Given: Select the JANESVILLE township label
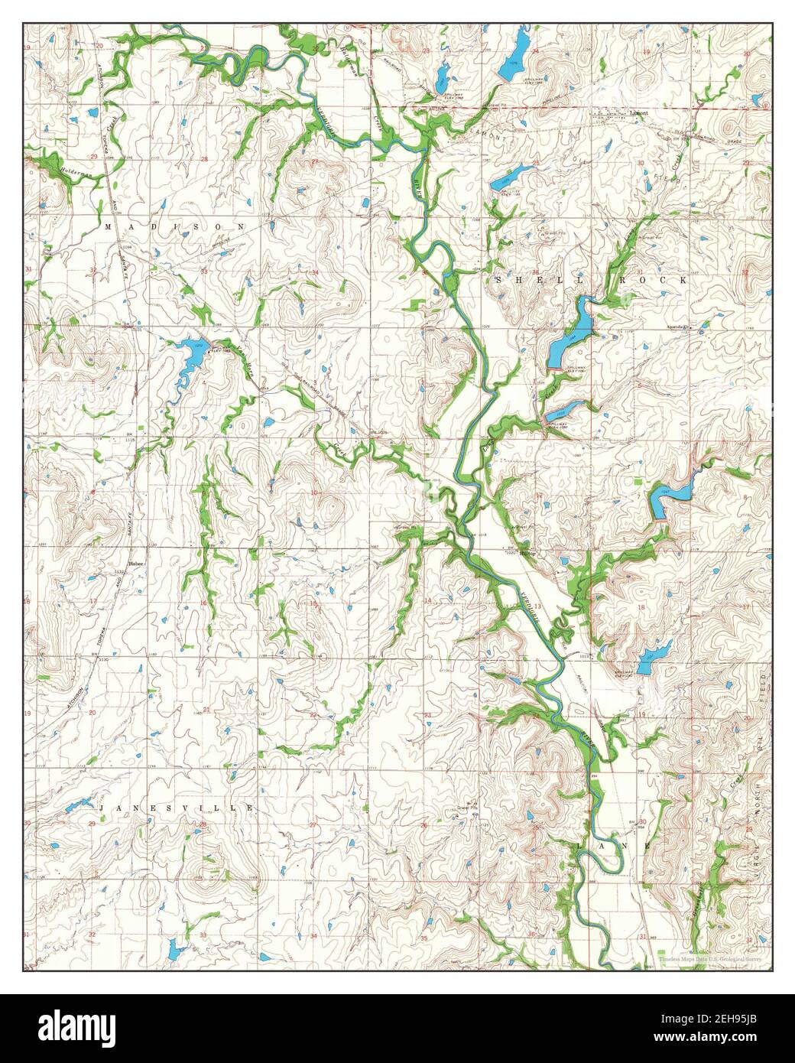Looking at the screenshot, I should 176,808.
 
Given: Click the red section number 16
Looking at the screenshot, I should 203,603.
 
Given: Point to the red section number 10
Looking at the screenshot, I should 314,493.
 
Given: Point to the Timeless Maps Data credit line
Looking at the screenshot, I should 710,959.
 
